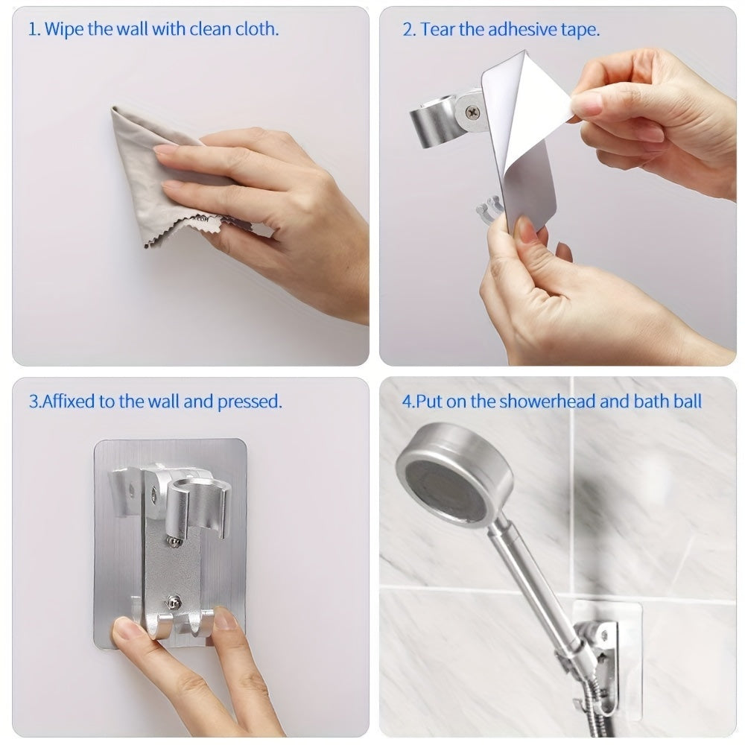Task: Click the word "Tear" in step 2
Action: (x=438, y=30)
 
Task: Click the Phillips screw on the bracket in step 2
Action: (x=472, y=112)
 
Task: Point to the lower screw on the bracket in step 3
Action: (x=174, y=600)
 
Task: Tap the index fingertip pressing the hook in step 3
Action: (x=224, y=620)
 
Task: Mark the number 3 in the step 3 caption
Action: (x=33, y=402)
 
